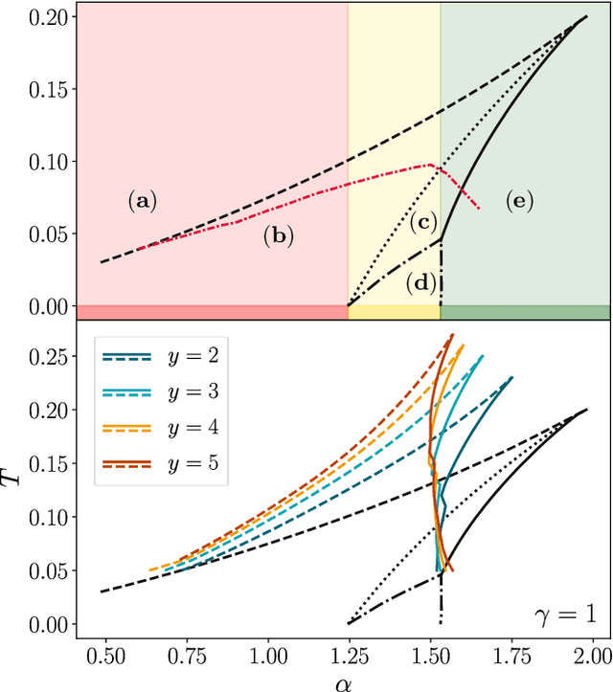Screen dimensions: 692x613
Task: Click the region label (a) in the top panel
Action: click(x=142, y=201)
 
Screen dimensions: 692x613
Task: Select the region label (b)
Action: click(x=278, y=234)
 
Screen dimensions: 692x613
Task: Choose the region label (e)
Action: click(x=517, y=201)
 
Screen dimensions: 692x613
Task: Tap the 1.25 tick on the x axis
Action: click(x=349, y=659)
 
